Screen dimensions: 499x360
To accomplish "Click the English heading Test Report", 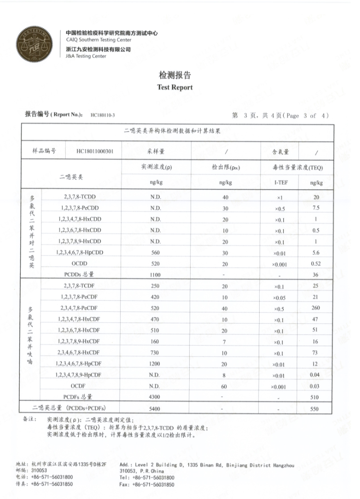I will (175, 87).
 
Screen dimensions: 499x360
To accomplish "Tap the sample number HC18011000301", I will (95, 151).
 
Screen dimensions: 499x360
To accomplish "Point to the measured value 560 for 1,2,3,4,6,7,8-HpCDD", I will (155, 252).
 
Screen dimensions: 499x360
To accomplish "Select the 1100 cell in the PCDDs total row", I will (155, 274).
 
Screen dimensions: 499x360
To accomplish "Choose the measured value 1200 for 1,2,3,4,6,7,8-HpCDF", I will (155, 363).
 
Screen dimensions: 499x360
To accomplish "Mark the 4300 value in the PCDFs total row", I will (155, 397).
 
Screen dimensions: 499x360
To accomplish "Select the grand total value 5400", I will (155, 409).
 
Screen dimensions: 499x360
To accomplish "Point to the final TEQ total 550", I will (316, 409).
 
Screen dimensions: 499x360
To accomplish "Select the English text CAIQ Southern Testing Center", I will (98, 40).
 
